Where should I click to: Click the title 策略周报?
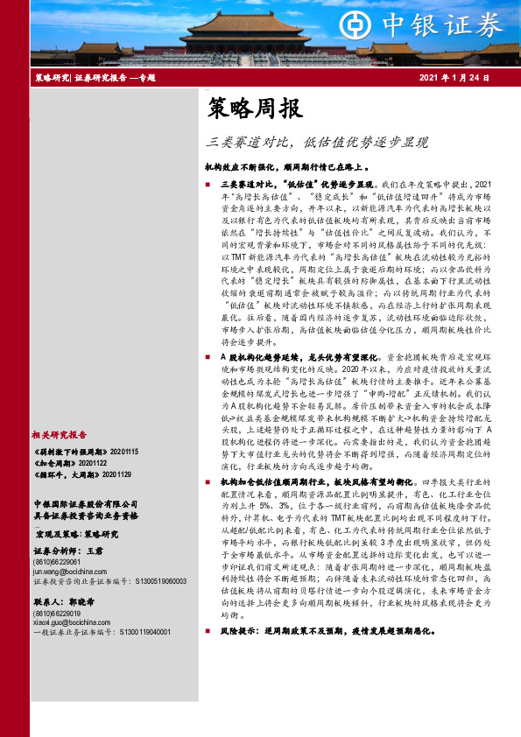click(255, 109)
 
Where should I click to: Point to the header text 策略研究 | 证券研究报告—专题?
click(95, 79)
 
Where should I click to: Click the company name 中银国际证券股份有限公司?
click(86, 504)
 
